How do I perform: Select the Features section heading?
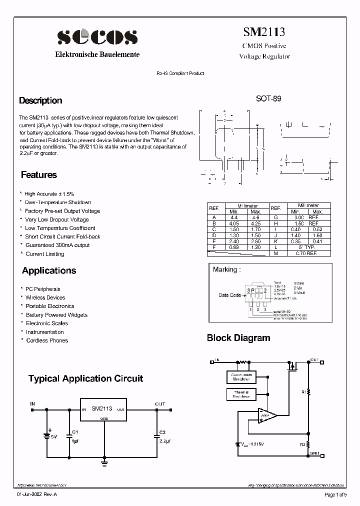tap(39, 175)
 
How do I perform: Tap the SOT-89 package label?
tap(268, 99)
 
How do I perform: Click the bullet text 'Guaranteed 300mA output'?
tap(57, 245)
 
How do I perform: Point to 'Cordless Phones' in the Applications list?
tap(47, 340)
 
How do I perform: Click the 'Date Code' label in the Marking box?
tap(230, 295)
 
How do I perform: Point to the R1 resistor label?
tap(303, 392)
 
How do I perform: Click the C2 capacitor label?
tap(162, 432)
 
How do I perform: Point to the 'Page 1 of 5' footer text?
tap(335, 495)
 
